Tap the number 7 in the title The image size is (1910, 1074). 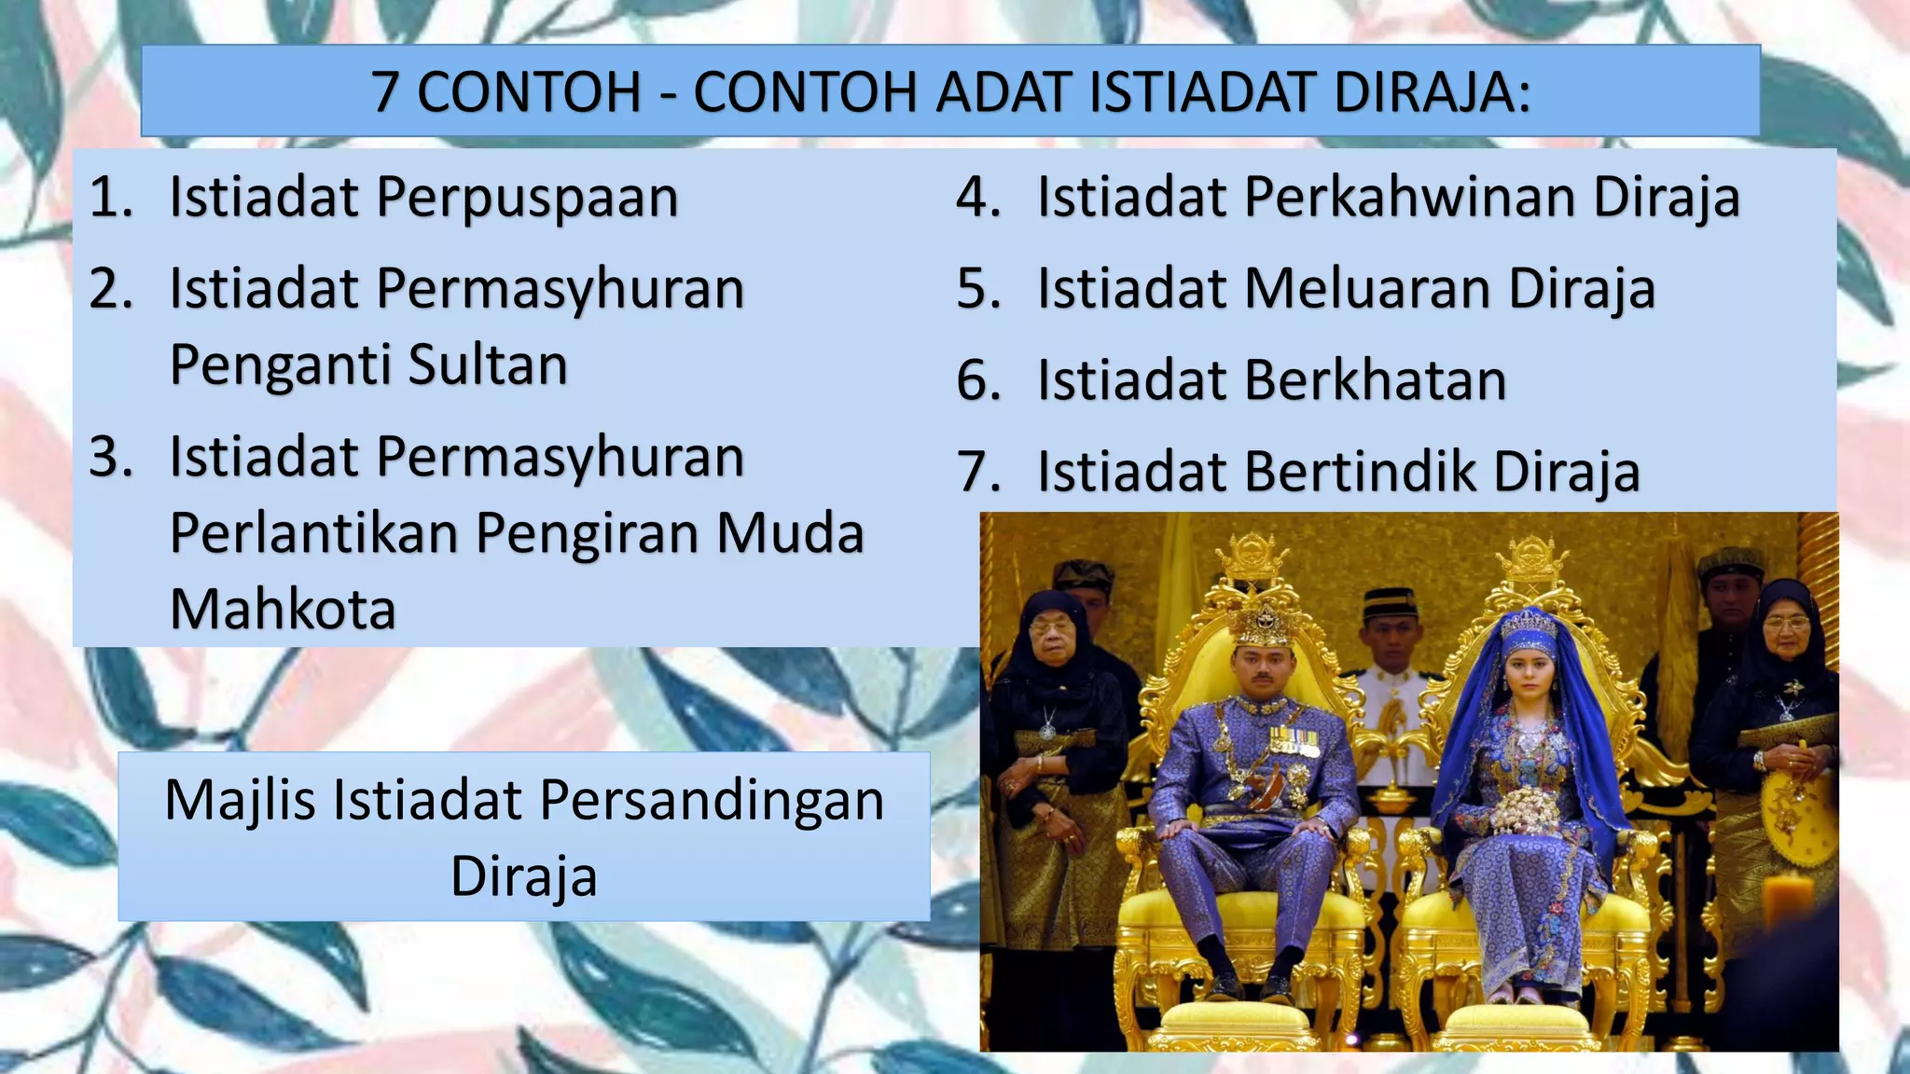(386, 92)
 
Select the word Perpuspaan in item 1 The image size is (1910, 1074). (527, 198)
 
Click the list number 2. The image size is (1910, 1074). (111, 288)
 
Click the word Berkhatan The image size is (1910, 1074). (1375, 380)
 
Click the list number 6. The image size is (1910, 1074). (978, 380)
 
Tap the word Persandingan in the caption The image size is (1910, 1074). (712, 800)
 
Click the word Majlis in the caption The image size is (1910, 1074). (240, 800)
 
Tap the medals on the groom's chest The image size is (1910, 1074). (1294, 741)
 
